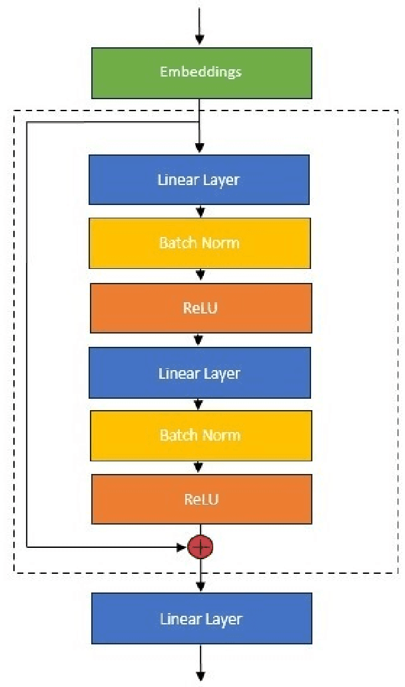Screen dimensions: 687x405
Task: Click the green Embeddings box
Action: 201,72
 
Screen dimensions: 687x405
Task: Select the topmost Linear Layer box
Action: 199,180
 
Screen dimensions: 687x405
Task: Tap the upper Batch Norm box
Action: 200,243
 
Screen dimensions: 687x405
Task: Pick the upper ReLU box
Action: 201,308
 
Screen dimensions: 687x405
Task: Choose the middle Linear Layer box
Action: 200,373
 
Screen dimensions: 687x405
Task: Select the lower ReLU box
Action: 201,499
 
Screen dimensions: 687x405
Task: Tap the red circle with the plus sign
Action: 201,547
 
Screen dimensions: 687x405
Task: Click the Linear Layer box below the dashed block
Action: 201,618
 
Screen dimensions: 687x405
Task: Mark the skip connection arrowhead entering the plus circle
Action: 182,547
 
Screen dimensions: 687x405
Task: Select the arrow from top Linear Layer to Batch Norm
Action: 200,211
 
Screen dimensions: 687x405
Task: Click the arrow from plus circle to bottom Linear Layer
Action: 201,578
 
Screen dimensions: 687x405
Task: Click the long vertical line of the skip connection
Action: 27,333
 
